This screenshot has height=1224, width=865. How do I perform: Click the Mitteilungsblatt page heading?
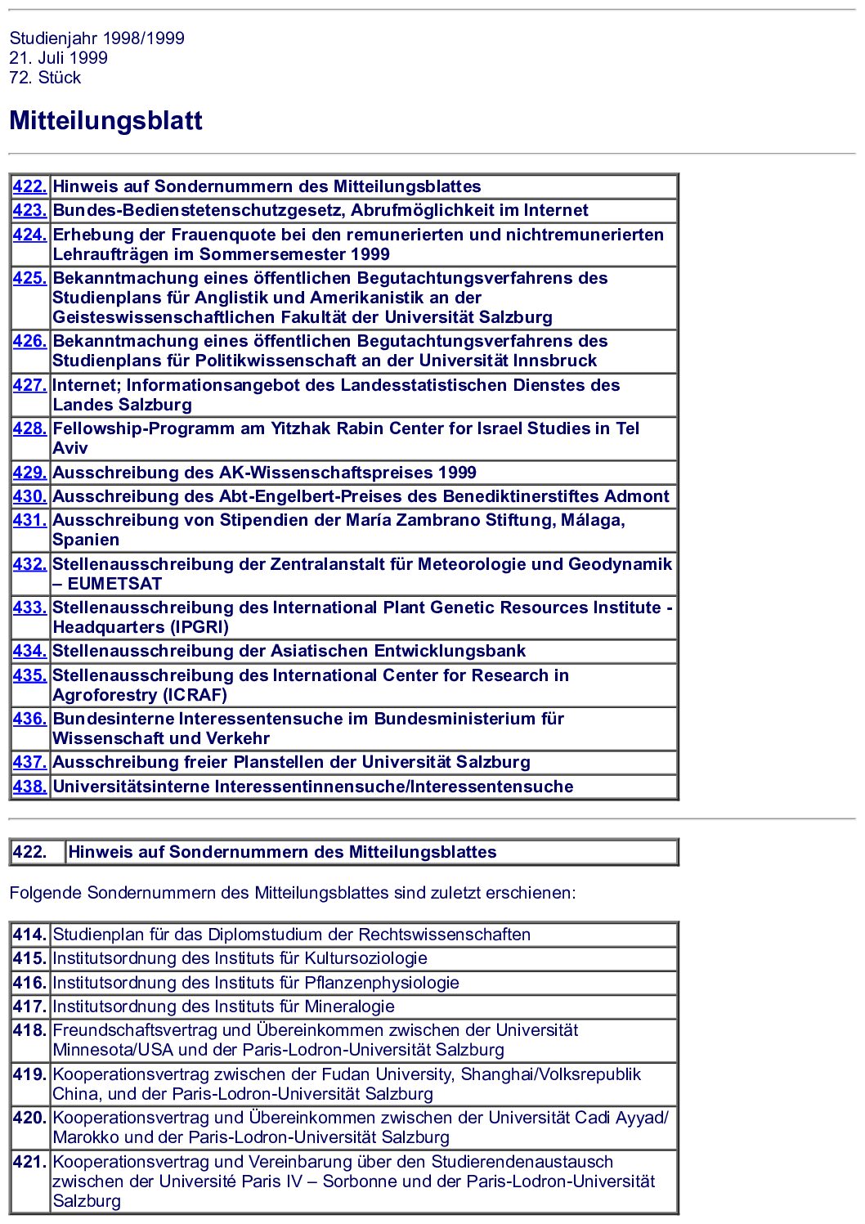point(105,121)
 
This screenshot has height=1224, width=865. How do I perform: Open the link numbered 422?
point(29,186)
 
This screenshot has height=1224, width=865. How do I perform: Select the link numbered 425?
point(29,278)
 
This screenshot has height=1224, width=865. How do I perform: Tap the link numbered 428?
point(29,428)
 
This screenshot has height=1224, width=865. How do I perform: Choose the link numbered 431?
point(29,520)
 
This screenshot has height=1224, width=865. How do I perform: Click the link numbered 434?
point(29,651)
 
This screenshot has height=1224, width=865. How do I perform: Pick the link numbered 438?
point(29,787)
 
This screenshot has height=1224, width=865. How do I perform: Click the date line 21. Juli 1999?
point(58,58)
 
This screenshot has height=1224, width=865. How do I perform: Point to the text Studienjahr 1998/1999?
point(96,38)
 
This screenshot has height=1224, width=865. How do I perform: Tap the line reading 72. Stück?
point(45,78)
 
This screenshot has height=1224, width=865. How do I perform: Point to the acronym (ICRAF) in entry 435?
point(195,695)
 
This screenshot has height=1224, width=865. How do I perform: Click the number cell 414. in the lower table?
point(29,935)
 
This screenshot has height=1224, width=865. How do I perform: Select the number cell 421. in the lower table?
point(29,1162)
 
